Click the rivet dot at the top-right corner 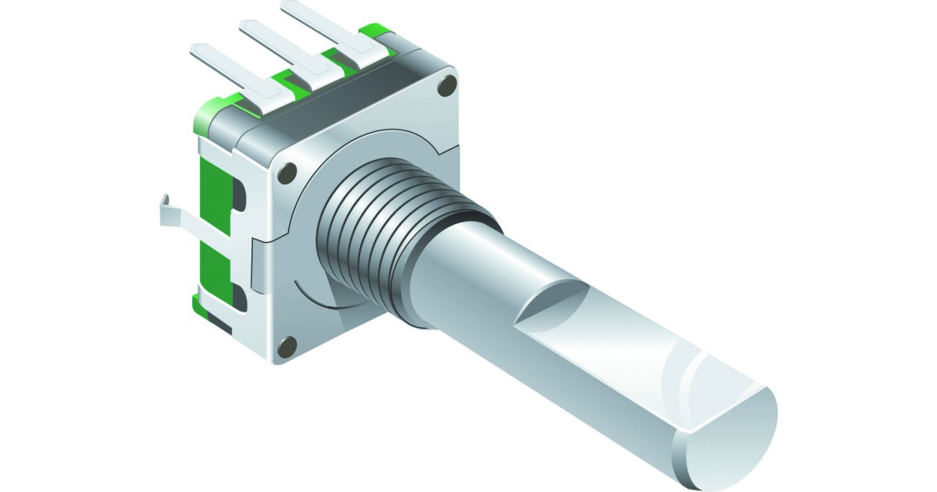447,87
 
